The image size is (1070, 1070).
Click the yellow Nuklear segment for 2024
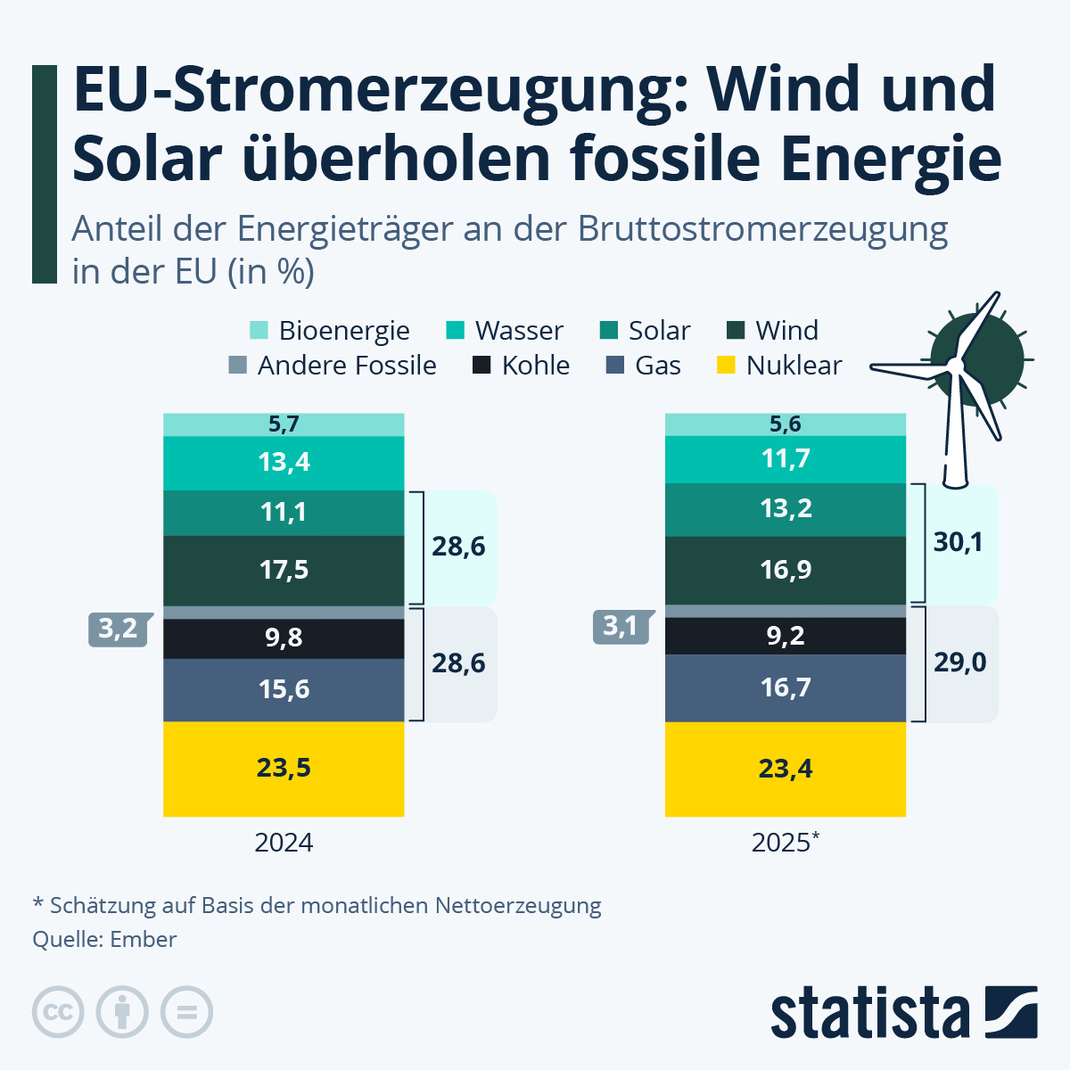coord(284,768)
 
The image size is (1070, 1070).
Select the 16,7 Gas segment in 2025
coord(786,687)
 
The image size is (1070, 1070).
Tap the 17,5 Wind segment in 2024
coord(284,570)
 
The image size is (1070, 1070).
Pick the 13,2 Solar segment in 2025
coord(786,508)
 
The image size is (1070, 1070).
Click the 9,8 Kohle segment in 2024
coord(284,638)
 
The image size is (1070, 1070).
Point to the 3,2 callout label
coord(118,629)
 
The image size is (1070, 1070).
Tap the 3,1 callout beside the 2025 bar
coord(621,626)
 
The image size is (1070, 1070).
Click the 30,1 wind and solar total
coord(959,542)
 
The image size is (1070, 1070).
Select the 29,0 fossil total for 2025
coord(960,663)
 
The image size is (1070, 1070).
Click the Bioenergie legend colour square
coord(259,330)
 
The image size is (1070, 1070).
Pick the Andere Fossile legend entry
coord(346,366)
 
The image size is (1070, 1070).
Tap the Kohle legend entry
coord(535,366)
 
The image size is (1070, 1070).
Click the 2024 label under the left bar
coord(284,843)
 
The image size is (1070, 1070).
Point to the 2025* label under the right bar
coord(785,843)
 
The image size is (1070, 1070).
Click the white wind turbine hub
coord(955,365)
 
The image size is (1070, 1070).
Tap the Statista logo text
coord(869,1013)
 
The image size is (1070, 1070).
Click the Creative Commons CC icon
coord(58,1012)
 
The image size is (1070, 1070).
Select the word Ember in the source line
coord(144,939)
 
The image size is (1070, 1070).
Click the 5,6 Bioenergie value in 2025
coord(786,424)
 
